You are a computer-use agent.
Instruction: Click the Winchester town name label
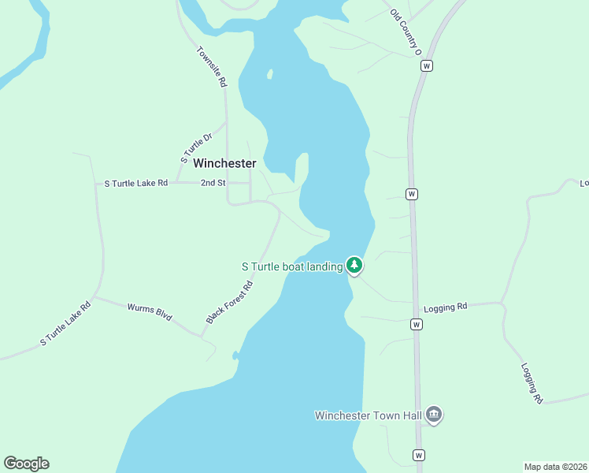[224, 163]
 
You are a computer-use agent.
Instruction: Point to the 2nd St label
[213, 183]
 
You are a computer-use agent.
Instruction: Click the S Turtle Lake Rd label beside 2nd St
[136, 183]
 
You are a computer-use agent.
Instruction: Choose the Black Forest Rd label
[229, 303]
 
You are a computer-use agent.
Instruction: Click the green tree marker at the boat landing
[354, 266]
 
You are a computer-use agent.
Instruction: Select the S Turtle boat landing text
[291, 266]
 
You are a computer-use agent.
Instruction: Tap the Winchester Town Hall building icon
[433, 415]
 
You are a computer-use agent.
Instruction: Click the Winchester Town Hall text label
[368, 415]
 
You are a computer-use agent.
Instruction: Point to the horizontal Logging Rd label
[445, 307]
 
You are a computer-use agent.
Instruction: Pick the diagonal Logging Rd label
[532, 384]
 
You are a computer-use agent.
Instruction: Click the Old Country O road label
[406, 32]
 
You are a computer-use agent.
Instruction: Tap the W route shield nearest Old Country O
[426, 66]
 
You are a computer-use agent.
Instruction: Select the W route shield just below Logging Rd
[416, 324]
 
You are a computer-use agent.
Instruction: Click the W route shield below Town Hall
[418, 455]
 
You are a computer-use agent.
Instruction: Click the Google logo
[26, 464]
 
